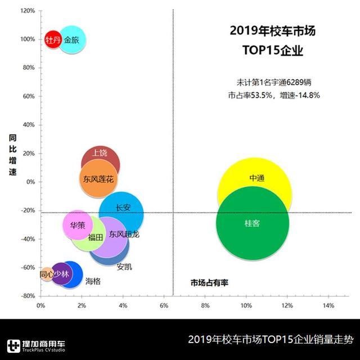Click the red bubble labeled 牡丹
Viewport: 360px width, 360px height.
coord(52,39)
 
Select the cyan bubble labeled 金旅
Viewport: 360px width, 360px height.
coord(72,40)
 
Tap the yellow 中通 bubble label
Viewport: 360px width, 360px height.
coord(256,178)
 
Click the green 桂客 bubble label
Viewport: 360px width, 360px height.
coord(252,223)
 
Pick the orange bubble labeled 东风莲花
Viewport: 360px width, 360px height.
coord(98,179)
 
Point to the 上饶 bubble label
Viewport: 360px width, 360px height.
coord(100,152)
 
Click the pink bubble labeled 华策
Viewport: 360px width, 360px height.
coord(77,224)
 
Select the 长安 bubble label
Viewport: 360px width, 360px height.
coord(123,208)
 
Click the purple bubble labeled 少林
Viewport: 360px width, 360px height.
coord(61,274)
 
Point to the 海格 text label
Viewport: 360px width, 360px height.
coord(93,281)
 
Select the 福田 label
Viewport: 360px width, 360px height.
coord(95,237)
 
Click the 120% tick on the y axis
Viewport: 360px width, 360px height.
coord(27,11)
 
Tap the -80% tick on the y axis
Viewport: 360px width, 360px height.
coord(27,296)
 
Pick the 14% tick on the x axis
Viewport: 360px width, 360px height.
coord(328,305)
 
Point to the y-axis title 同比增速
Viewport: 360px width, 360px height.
coord(12,155)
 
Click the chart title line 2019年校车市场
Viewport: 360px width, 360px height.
coord(272,30)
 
